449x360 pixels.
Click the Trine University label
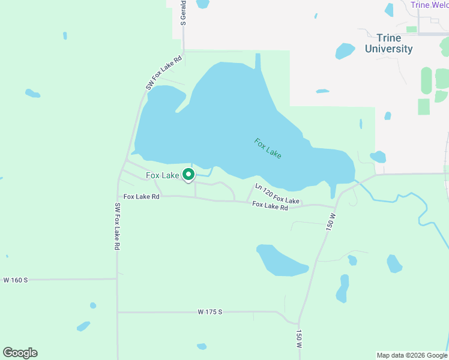pos(388,44)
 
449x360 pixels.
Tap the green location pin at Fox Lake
pos(188,175)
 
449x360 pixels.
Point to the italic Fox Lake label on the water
pos(268,148)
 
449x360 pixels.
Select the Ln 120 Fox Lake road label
pos(277,194)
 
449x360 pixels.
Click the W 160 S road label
pos(16,280)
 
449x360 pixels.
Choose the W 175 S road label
pos(210,312)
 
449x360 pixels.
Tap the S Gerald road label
pos(184,13)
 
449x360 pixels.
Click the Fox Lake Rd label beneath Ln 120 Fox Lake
pos(270,206)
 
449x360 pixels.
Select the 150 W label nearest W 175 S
pos(299,338)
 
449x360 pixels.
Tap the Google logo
pos(20,353)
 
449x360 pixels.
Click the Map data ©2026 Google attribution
pos(412,355)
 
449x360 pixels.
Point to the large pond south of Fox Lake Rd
pos(281,260)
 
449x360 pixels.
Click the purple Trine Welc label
pos(429,5)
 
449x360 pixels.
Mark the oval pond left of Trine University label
pos(345,50)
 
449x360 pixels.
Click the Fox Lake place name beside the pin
pos(162,175)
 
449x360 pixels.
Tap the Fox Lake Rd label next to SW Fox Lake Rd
pos(142,196)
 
